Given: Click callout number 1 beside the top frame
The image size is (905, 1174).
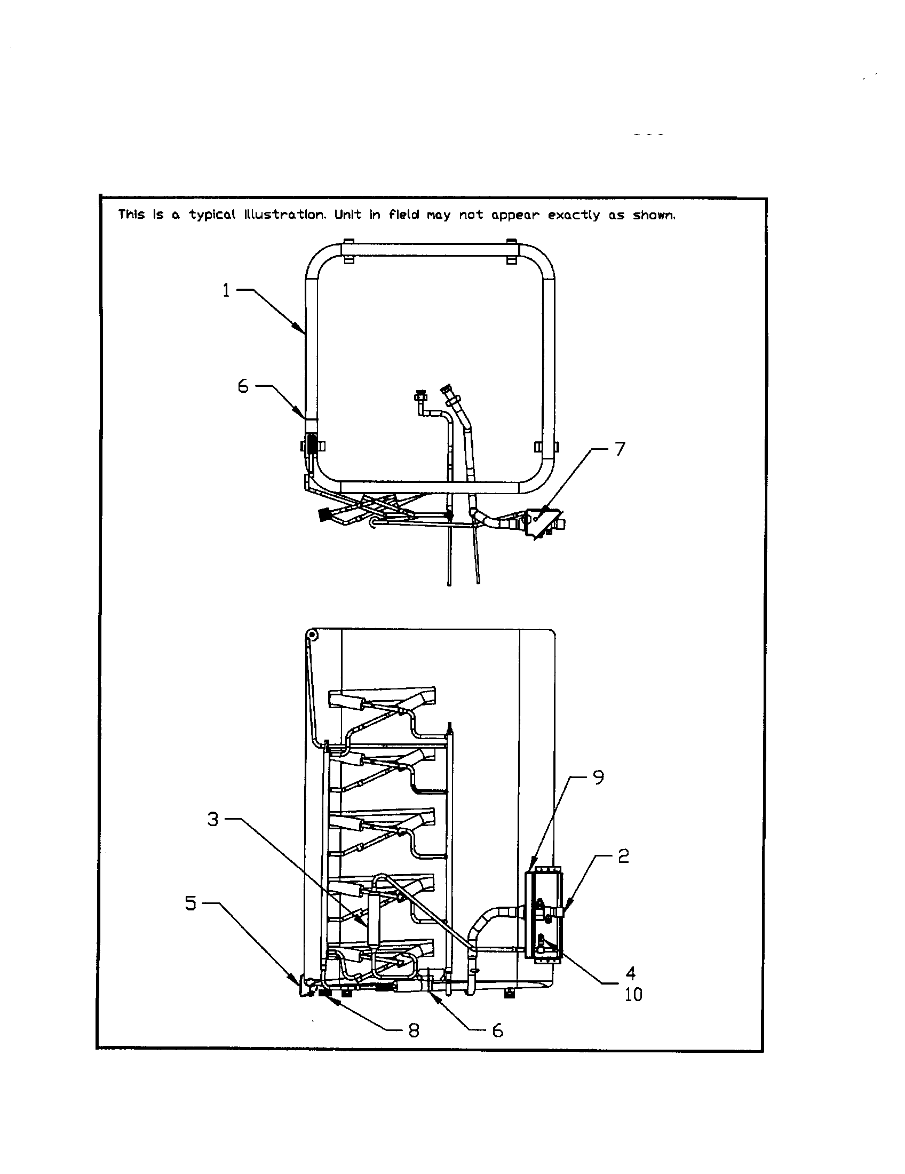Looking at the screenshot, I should (226, 291).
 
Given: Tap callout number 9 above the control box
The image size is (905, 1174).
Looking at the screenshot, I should (598, 778).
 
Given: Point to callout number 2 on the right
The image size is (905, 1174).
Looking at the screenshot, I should (623, 856).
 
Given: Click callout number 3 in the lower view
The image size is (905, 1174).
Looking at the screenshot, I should (213, 819).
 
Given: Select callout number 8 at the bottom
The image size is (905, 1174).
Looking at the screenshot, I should (413, 1030).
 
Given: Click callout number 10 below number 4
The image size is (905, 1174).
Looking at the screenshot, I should (633, 995).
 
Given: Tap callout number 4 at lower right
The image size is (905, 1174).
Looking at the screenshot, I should (631, 973).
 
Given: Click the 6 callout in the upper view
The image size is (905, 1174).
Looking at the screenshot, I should (243, 386).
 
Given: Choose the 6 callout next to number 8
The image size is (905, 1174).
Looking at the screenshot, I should (498, 1030).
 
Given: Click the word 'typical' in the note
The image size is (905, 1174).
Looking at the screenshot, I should (212, 215).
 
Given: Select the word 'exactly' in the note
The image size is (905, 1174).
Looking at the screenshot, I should (574, 215).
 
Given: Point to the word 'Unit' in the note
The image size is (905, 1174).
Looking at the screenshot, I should (348, 215).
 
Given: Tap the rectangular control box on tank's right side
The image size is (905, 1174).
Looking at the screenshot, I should (543, 914).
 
